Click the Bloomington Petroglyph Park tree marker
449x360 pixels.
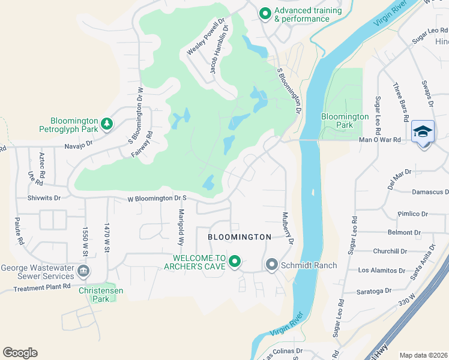pyautogui.click(x=107, y=124)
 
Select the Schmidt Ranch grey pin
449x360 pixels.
pyautogui.click(x=271, y=264)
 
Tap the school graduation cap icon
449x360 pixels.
pyautogui.click(x=423, y=131)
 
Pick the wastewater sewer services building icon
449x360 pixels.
pyautogui.click(x=83, y=272)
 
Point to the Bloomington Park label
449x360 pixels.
pyautogui.click(x=345, y=121)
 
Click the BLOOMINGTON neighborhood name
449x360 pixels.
pyautogui.click(x=240, y=237)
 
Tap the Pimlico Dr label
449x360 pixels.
pyautogui.click(x=412, y=214)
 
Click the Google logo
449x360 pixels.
pyautogui.click(x=20, y=353)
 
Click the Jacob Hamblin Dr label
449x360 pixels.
pyautogui.click(x=216, y=53)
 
